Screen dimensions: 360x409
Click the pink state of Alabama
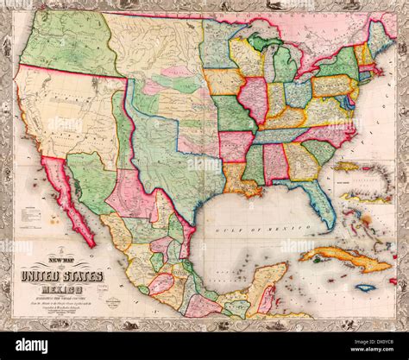point(276,162)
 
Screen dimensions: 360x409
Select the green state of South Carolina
point(318,150)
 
